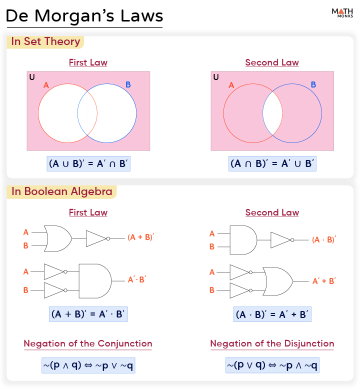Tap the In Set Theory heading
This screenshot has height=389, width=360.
[45, 41]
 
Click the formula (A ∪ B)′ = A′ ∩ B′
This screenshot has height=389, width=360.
[89, 163]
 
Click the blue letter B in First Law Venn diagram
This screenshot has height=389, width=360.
[128, 85]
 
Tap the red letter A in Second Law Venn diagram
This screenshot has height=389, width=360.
[231, 85]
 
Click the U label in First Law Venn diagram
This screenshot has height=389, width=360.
[32, 77]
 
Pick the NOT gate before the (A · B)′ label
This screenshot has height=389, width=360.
[281, 239]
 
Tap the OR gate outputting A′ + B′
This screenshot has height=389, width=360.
[279, 281]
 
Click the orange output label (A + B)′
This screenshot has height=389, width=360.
[141, 237]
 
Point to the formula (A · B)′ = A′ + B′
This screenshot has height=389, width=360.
[272, 314]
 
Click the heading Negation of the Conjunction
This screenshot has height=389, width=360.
[88, 343]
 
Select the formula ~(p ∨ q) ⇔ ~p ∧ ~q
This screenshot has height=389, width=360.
[272, 365]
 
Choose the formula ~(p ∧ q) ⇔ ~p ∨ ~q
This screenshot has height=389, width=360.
[88, 365]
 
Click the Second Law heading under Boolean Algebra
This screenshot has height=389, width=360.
[272, 212]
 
